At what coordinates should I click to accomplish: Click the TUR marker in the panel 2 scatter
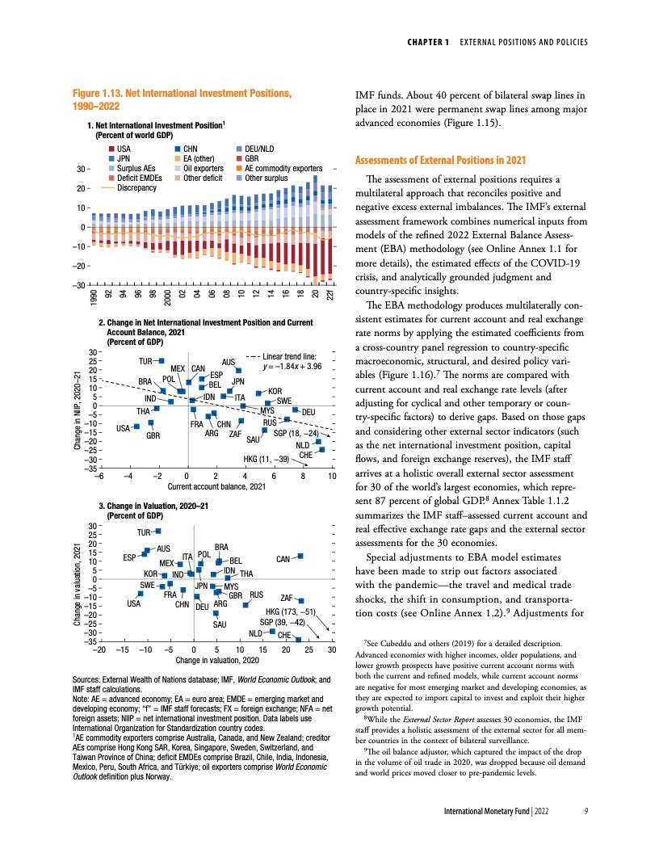[x=162, y=359]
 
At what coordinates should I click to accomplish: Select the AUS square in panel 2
[x=239, y=371]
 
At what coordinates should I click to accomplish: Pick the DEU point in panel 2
[x=296, y=411]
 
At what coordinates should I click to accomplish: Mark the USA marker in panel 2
[x=137, y=426]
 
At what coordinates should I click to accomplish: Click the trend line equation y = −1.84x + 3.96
[x=292, y=367]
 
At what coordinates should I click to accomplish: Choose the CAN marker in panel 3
[x=300, y=556]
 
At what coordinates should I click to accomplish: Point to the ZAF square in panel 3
[x=300, y=600]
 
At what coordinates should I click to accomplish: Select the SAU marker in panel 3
[x=216, y=614]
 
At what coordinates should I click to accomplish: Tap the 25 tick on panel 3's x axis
[x=309, y=649]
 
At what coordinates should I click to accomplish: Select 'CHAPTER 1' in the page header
[x=429, y=41]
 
